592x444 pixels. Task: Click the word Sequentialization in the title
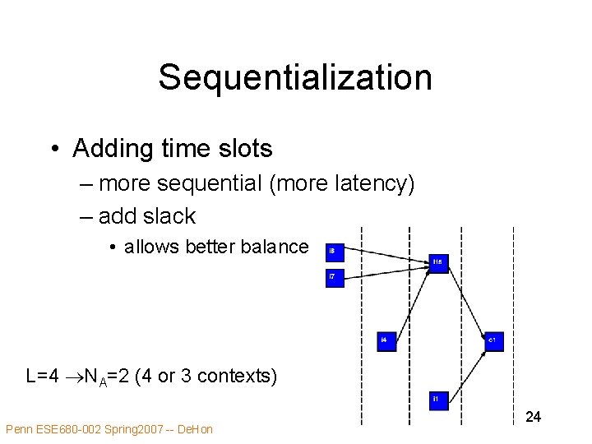click(295, 77)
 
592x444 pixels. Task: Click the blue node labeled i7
click(335, 279)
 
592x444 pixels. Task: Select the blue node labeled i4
click(386, 341)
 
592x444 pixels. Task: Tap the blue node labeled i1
click(440, 400)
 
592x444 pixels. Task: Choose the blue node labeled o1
click(493, 341)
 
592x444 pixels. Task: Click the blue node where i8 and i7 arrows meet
click(440, 263)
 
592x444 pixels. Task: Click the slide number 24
click(533, 418)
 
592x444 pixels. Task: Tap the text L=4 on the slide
click(42, 377)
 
